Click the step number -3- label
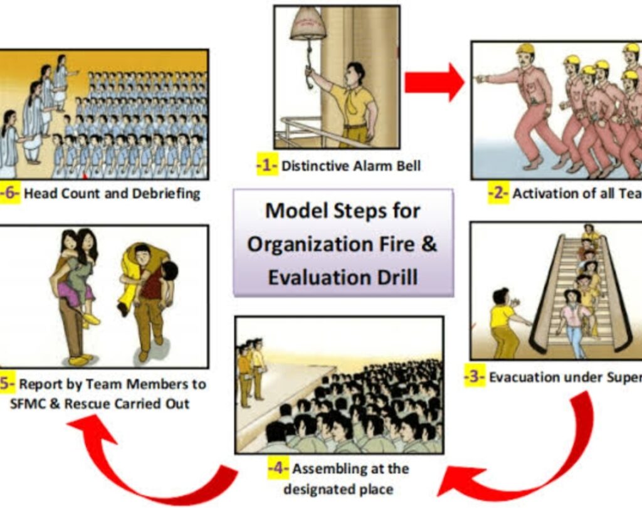[x=475, y=378]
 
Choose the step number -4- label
[x=278, y=468]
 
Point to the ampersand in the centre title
[x=428, y=243]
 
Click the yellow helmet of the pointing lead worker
[x=525, y=48]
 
